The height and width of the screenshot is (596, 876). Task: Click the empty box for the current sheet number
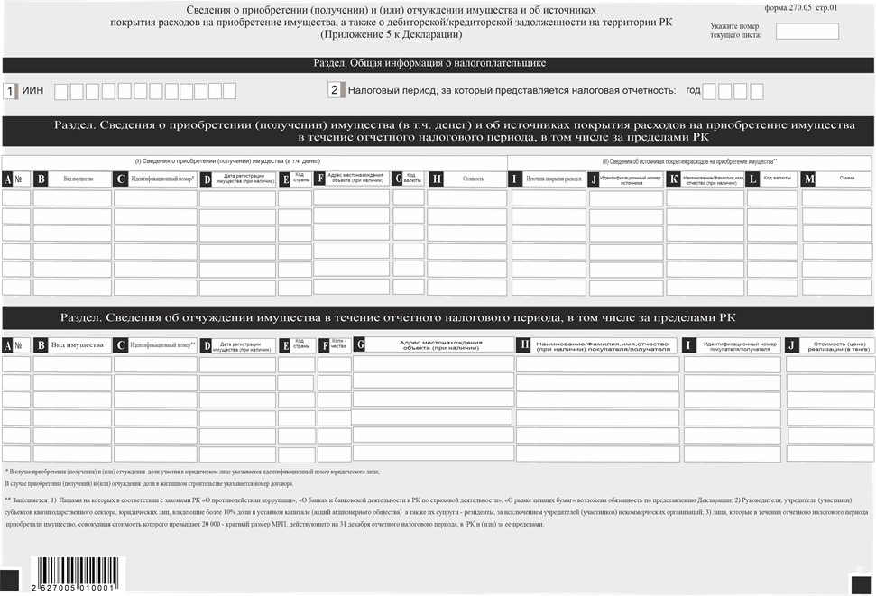point(807,31)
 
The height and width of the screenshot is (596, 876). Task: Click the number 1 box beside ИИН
point(10,91)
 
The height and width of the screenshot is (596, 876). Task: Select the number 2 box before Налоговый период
point(334,90)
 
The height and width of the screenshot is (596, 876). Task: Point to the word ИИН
point(33,91)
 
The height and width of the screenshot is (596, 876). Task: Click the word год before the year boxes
point(693,91)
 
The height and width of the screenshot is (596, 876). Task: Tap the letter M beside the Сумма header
point(808,179)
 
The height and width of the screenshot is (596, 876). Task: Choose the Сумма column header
point(846,179)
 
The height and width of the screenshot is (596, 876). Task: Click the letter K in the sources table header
point(674,179)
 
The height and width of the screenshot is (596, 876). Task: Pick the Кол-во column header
point(338,344)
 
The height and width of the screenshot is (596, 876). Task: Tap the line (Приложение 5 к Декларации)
point(391,34)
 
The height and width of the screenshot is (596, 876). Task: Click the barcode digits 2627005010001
point(74,587)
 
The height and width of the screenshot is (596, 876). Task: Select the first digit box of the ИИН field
point(61,91)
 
